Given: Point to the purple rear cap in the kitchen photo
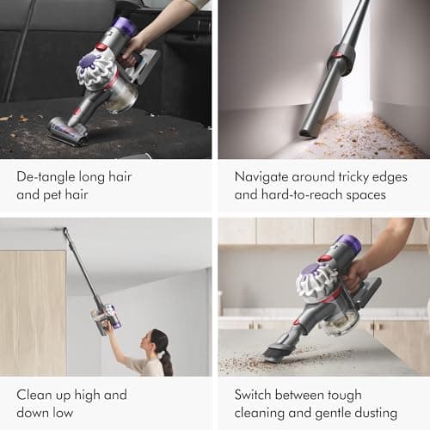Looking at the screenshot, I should coord(349,245).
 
